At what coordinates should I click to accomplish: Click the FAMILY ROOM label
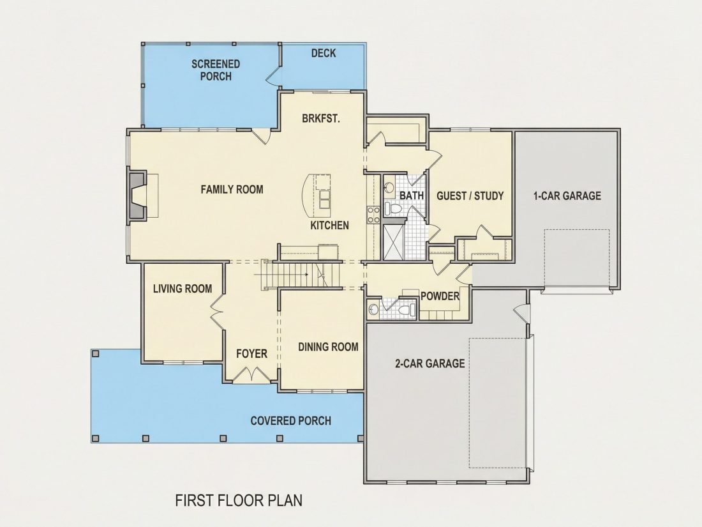pyautogui.click(x=232, y=190)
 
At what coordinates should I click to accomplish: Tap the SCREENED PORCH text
pyautogui.click(x=216, y=70)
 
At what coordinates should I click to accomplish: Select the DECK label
pyautogui.click(x=324, y=53)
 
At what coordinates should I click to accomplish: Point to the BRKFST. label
pyautogui.click(x=321, y=119)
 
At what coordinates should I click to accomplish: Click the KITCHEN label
pyautogui.click(x=329, y=225)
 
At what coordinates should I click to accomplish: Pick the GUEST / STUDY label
pyautogui.click(x=470, y=196)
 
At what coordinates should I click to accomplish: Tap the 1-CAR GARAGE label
pyautogui.click(x=567, y=196)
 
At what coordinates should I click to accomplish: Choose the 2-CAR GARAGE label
pyautogui.click(x=429, y=363)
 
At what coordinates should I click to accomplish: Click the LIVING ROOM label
pyautogui.click(x=183, y=289)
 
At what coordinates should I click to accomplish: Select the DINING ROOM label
pyautogui.click(x=328, y=347)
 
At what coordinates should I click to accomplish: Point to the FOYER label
pyautogui.click(x=251, y=354)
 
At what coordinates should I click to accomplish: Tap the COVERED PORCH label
pyautogui.click(x=291, y=421)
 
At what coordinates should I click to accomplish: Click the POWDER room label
pyautogui.click(x=440, y=296)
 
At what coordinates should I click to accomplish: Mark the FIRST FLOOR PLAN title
pyautogui.click(x=239, y=500)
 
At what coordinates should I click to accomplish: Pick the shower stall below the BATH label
pyautogui.click(x=394, y=242)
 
